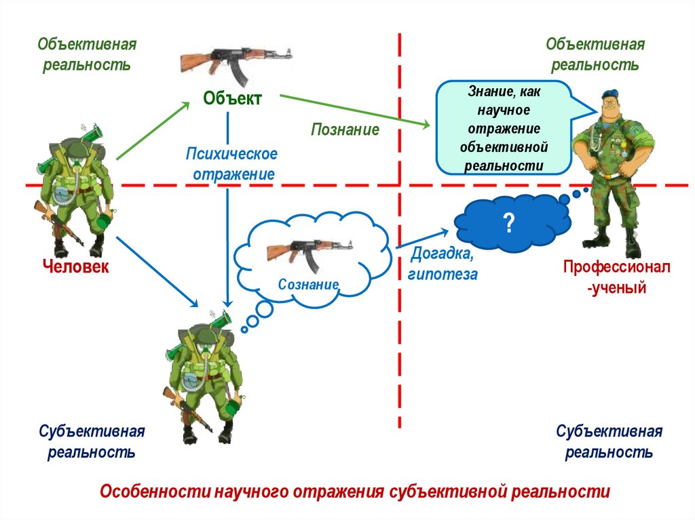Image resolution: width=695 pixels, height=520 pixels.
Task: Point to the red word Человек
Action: coord(75,266)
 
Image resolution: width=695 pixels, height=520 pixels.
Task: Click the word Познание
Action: coord(345,129)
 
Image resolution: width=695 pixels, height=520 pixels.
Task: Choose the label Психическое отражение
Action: coord(232,164)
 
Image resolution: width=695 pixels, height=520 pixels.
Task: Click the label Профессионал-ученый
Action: coord(616,277)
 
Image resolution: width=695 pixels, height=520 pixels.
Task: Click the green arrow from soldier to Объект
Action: coord(153,130)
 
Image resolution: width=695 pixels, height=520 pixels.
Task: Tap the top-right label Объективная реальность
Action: coord(595,55)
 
